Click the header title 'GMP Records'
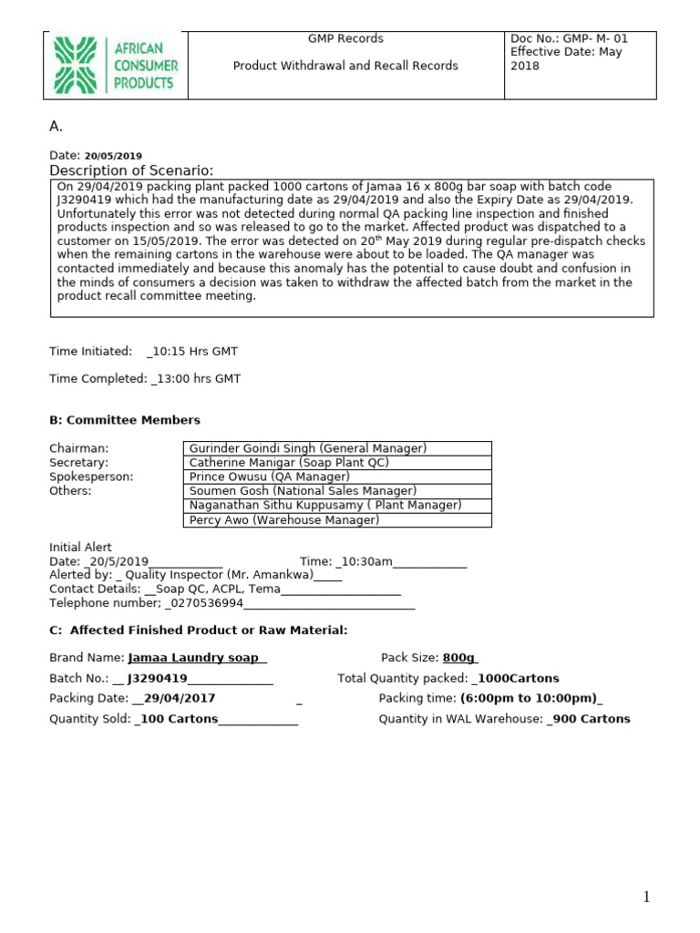345,38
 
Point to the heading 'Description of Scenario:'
131,171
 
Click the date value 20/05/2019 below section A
113,156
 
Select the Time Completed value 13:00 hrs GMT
198,378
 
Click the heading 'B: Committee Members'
124,420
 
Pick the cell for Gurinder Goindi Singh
308,448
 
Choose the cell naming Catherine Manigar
289,463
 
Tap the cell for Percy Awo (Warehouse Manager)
283,520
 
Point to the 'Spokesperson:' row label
90,477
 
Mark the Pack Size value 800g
459,658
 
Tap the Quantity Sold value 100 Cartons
178,719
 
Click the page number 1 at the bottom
646,897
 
